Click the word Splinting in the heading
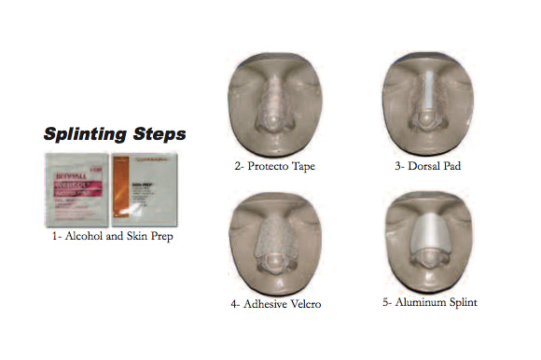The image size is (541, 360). (x=88, y=134)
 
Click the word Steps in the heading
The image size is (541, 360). (x=158, y=134)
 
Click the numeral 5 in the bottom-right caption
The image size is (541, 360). (x=387, y=302)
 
